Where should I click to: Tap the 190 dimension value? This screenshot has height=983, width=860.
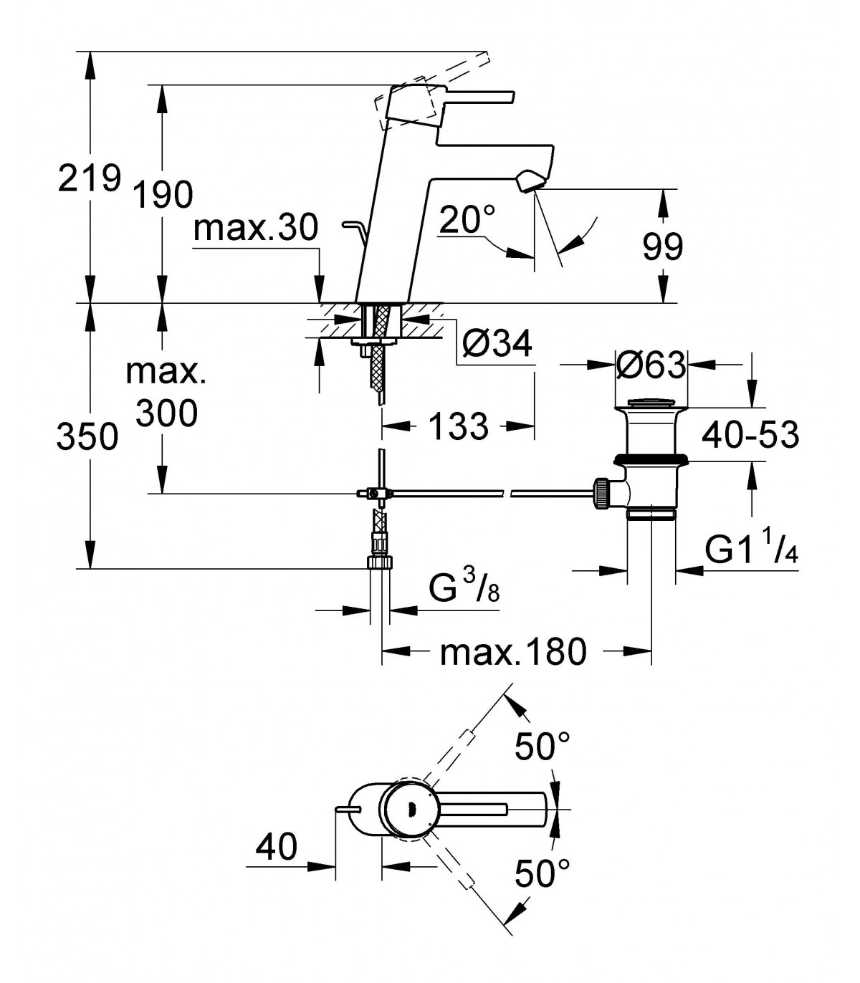click(163, 195)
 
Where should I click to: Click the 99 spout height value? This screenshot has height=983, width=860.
click(662, 246)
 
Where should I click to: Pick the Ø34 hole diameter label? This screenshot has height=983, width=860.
click(498, 343)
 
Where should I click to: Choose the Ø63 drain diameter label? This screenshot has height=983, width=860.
click(651, 365)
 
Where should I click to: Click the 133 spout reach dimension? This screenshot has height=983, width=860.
click(458, 426)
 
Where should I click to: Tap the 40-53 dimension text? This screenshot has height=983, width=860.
click(750, 435)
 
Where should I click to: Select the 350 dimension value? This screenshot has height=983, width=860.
click(87, 437)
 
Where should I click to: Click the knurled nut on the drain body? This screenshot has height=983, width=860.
click(602, 493)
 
